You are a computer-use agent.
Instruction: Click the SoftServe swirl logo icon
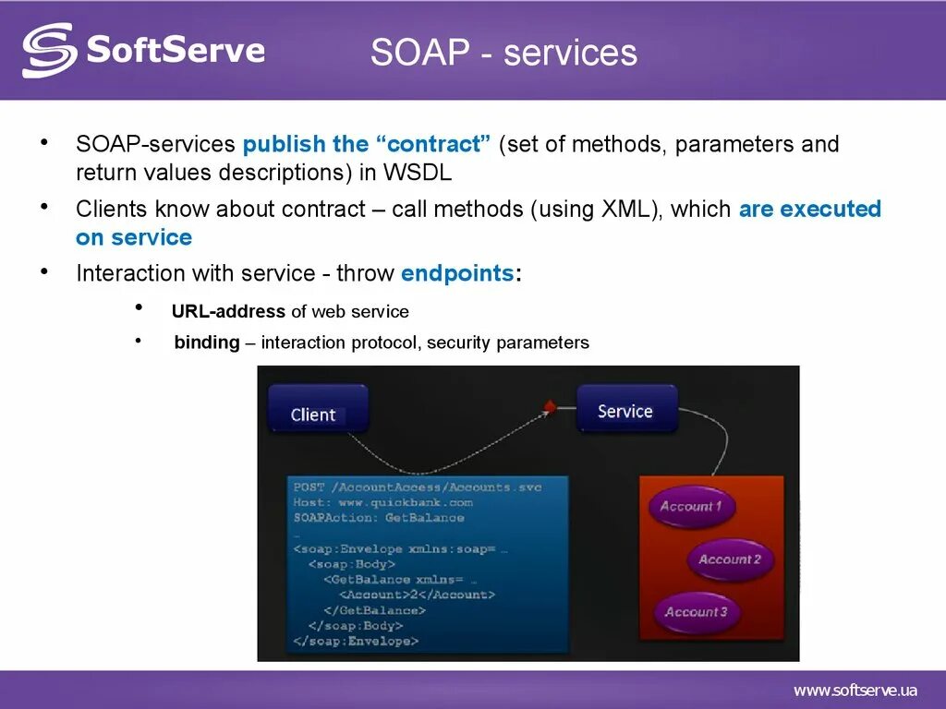pyautogui.click(x=50, y=51)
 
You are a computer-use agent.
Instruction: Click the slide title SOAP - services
pyautogui.click(x=503, y=52)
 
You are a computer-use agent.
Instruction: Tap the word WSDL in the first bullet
pyautogui.click(x=418, y=173)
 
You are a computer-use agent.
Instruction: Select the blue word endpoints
pyautogui.click(x=457, y=273)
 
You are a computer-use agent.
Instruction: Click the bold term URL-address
pyautogui.click(x=228, y=311)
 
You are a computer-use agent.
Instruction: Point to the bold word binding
pyautogui.click(x=207, y=342)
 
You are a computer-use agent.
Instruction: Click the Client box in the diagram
pyautogui.click(x=318, y=409)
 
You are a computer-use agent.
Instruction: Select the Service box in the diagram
pyautogui.click(x=627, y=408)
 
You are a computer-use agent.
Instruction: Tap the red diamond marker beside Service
pyautogui.click(x=550, y=406)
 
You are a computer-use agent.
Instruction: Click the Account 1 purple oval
pyautogui.click(x=691, y=507)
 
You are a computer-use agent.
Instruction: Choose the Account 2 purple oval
pyautogui.click(x=730, y=559)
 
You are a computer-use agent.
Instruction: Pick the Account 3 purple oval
pyautogui.click(x=697, y=612)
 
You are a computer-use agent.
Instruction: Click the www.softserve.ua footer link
pyautogui.click(x=855, y=691)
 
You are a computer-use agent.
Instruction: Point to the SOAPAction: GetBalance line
pyautogui.click(x=379, y=518)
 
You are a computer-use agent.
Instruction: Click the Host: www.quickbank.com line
pyautogui.click(x=383, y=502)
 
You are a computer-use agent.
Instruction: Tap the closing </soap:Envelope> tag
pyautogui.click(x=356, y=641)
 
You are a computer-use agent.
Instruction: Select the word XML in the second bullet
pyautogui.click(x=625, y=209)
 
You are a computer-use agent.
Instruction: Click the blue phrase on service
pyautogui.click(x=134, y=237)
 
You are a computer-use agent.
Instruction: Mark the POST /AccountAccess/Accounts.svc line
pyautogui.click(x=418, y=487)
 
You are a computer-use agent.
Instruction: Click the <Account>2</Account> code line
pyautogui.click(x=417, y=595)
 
